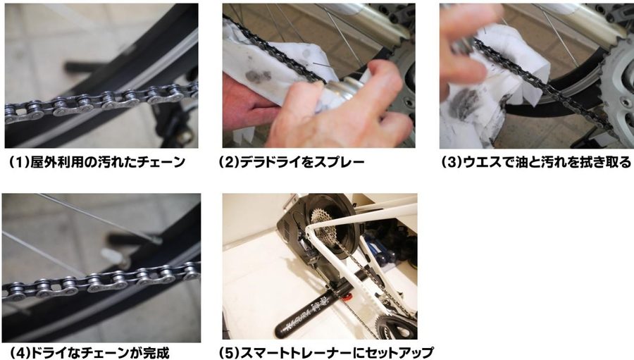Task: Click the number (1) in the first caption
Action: pos(18,162)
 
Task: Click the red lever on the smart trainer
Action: pos(345,300)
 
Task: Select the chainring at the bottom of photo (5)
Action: pos(395,326)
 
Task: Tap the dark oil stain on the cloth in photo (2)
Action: pos(257,77)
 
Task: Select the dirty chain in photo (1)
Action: pos(101,102)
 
